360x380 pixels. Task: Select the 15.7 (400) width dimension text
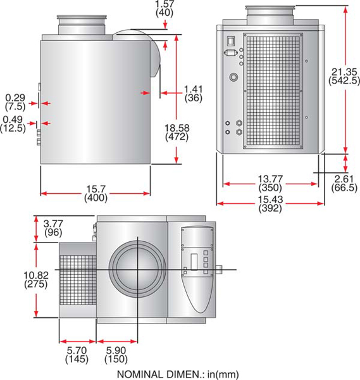point(96,193)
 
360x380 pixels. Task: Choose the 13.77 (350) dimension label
point(271,184)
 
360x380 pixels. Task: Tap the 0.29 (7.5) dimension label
point(15,101)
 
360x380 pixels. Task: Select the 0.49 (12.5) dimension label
point(14,123)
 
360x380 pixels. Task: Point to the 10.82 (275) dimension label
point(18,279)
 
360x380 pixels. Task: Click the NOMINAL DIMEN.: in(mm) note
point(178,374)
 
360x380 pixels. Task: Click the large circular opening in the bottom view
point(135,269)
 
